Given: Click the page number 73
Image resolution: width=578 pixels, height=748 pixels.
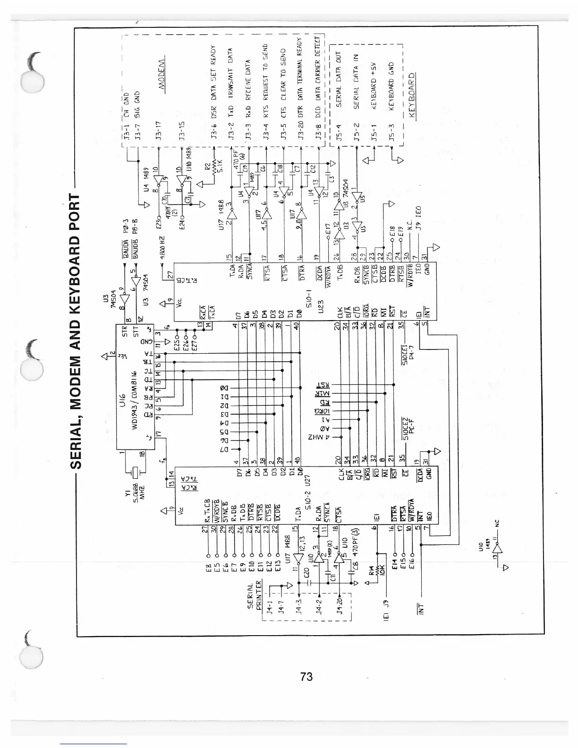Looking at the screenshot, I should (306, 677).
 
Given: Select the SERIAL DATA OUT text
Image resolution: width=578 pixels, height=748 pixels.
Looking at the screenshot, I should (338, 79).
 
